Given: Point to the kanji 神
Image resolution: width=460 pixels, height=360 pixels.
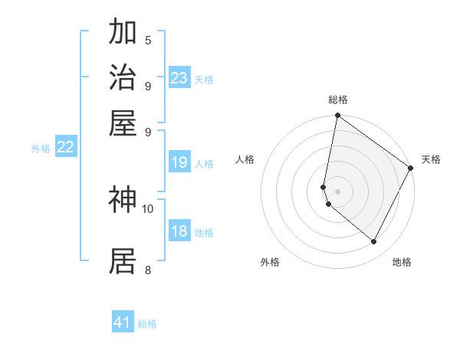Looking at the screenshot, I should [x=123, y=199].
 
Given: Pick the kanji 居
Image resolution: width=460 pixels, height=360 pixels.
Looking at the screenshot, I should [x=123, y=260].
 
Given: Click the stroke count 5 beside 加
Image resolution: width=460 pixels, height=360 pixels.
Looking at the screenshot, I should [x=148, y=40].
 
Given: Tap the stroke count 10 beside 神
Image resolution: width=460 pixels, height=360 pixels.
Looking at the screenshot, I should [x=148, y=208].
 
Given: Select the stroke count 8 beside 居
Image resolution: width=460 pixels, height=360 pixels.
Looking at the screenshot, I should [x=148, y=269].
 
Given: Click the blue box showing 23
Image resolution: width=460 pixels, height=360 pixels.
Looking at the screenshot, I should [x=179, y=78].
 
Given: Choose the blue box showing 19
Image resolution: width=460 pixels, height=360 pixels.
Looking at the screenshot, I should [x=179, y=162].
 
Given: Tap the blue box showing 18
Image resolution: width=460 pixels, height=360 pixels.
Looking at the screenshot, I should [x=179, y=231].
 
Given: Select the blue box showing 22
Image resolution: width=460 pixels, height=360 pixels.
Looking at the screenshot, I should [x=66, y=148].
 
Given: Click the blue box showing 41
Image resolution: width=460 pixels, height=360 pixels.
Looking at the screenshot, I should [x=123, y=322].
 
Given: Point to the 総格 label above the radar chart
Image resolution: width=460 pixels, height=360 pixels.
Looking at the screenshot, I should [x=337, y=100].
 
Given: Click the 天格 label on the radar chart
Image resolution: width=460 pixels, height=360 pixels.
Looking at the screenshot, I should [x=431, y=159].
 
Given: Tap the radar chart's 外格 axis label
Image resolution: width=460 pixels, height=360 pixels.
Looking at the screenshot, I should [x=270, y=262].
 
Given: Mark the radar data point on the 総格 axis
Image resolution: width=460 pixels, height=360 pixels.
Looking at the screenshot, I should [x=337, y=116].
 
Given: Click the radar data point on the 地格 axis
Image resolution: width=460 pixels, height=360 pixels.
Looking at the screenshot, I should [x=374, y=242].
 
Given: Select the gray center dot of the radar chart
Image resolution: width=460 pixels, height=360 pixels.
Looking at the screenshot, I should [x=337, y=191].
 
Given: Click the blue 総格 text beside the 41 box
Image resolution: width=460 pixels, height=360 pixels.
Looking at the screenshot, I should [x=147, y=324].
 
